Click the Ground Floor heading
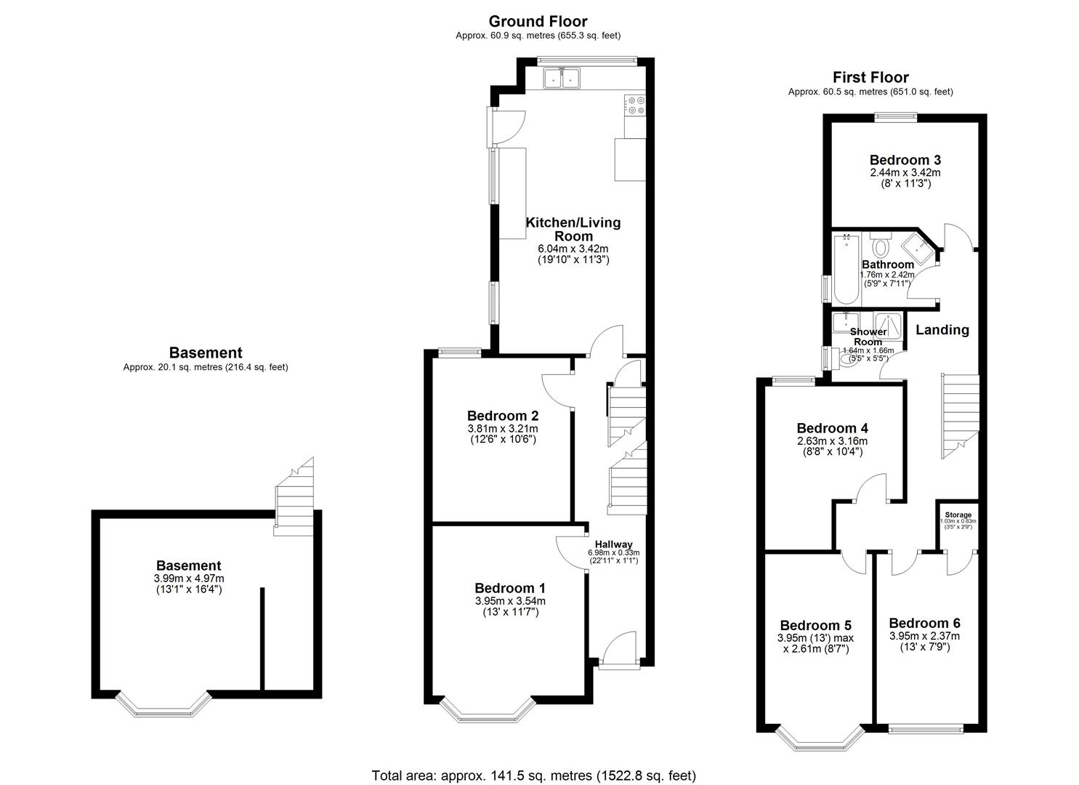pos(538,22)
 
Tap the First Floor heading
pos(870,78)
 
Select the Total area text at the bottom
pos(533,776)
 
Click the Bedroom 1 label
pos(510,588)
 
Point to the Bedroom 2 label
pos(502,416)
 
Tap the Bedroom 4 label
pos(832,428)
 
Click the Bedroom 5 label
pos(815,625)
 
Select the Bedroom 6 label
pos(924,623)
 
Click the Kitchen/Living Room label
pos(573,229)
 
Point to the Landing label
pos(942,330)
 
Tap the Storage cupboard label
pos(958,515)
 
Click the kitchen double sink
pos(561,77)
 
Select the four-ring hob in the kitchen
pos(634,105)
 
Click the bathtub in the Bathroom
pos(846,269)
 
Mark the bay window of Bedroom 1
pos(488,712)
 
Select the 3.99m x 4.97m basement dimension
pos(189,579)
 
